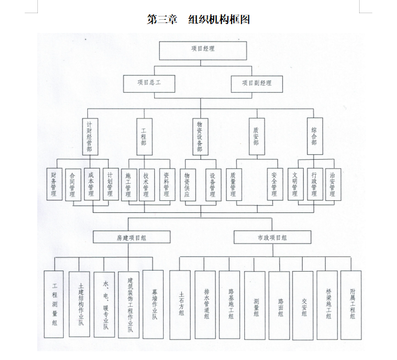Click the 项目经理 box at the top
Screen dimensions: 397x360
[203, 50]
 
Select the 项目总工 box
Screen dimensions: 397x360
[149, 84]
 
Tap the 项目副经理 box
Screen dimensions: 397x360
[257, 84]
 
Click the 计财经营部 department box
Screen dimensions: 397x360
[90, 137]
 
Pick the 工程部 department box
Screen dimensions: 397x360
[144, 137]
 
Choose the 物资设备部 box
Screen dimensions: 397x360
[200, 137]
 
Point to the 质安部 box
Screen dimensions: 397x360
[257, 136]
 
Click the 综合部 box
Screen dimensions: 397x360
[315, 136]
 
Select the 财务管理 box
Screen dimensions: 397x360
[54, 184]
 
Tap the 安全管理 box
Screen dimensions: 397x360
[275, 184]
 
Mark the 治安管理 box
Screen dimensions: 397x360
[333, 184]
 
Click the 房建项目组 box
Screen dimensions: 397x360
[131, 237]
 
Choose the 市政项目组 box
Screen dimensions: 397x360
[272, 237]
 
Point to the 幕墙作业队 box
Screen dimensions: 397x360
[153, 305]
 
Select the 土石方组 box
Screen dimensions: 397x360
[180, 305]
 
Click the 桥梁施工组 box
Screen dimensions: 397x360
[327, 305]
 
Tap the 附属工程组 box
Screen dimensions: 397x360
[351, 305]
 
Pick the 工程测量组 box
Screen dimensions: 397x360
[54, 305]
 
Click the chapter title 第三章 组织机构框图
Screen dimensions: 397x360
[199, 19]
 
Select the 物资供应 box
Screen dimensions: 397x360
[188, 185]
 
